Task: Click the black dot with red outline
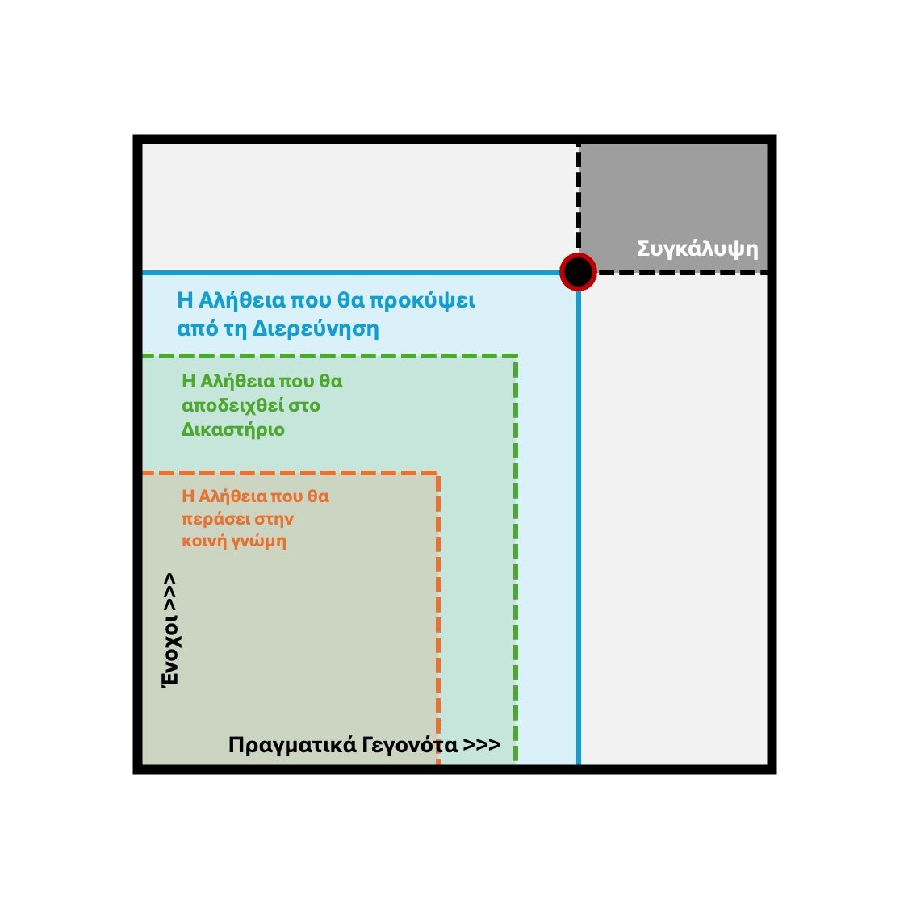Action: click(x=578, y=272)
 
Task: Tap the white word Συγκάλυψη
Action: click(x=697, y=248)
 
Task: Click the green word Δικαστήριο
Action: click(x=233, y=429)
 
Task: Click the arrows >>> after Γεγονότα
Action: click(x=482, y=745)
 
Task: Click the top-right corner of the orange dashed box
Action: click(x=438, y=475)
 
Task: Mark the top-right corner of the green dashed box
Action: click(x=516, y=356)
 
